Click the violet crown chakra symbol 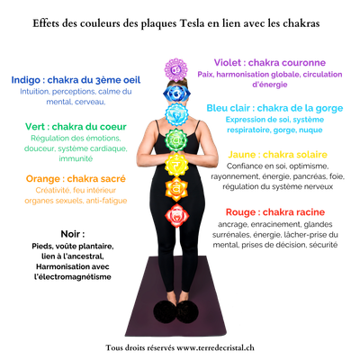click(175, 70)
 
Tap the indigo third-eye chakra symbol click(176, 94)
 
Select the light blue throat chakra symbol click(176, 114)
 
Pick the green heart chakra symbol click(176, 139)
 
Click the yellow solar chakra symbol click(176, 164)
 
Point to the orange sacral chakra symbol click(176, 189)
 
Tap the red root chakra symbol click(176, 215)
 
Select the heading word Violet click(228, 62)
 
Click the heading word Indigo click(26, 80)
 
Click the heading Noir click(73, 234)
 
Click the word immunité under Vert click(76, 158)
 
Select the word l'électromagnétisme click(73, 276)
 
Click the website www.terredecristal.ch click(215, 347)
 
